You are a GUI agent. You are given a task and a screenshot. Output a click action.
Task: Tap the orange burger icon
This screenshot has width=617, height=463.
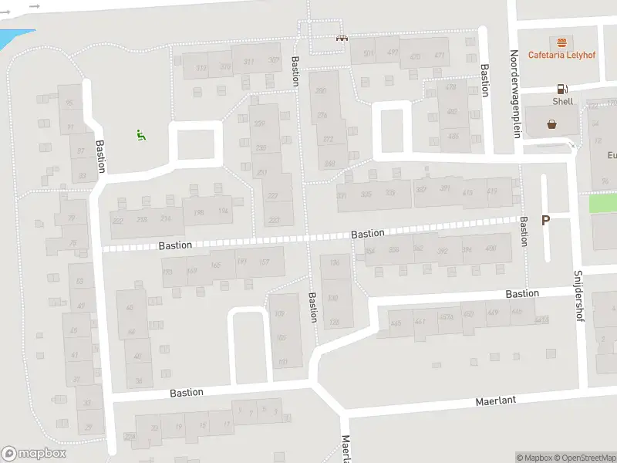click(x=561, y=41)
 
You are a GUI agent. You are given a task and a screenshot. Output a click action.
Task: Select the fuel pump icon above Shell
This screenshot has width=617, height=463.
click(x=562, y=90)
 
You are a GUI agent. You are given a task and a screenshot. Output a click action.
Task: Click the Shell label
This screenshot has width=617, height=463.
click(x=562, y=101)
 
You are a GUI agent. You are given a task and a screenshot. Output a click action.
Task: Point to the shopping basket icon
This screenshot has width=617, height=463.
click(x=552, y=123)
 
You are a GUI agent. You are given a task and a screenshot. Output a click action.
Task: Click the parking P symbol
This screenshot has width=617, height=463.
click(x=545, y=221)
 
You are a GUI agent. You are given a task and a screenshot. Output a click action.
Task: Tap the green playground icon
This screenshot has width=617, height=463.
click(x=141, y=136)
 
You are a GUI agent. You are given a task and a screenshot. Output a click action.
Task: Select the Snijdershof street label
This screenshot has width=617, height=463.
click(x=578, y=297)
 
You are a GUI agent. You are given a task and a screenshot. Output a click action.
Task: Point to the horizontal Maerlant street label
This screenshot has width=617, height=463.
click(x=495, y=400)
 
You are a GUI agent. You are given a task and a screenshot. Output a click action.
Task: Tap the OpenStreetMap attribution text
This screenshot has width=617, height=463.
click(x=590, y=458)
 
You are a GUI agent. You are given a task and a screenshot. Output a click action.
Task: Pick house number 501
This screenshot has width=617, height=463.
click(x=369, y=53)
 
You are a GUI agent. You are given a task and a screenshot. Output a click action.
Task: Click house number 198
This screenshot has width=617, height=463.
click(x=199, y=212)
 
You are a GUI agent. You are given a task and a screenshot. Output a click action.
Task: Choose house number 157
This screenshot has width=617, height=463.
click(x=264, y=263)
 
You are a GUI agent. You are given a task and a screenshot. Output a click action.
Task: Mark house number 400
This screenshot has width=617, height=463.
click(x=491, y=248)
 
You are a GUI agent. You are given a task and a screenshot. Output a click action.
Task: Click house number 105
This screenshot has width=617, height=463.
click(x=280, y=337)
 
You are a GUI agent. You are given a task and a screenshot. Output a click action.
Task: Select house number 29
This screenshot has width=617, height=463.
click(x=88, y=427)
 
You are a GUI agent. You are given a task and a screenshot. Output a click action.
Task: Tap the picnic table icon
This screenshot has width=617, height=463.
click(x=340, y=37)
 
